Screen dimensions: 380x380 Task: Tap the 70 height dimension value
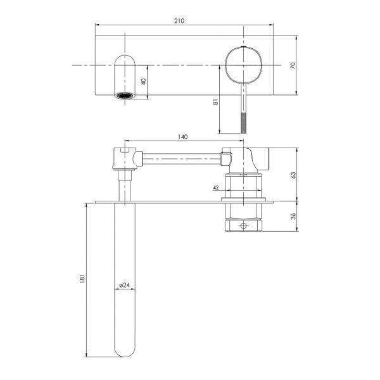[293, 65]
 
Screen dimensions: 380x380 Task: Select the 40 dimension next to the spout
[144, 82]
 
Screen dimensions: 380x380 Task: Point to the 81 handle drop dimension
[215, 102]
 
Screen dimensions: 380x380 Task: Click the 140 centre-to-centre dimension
[183, 137]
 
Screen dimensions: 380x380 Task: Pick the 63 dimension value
[293, 175]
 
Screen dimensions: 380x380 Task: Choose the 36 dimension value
[293, 216]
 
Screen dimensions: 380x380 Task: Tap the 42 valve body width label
[216, 187]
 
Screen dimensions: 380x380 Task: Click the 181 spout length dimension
[82, 279]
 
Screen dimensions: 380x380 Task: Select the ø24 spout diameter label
[124, 285]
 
